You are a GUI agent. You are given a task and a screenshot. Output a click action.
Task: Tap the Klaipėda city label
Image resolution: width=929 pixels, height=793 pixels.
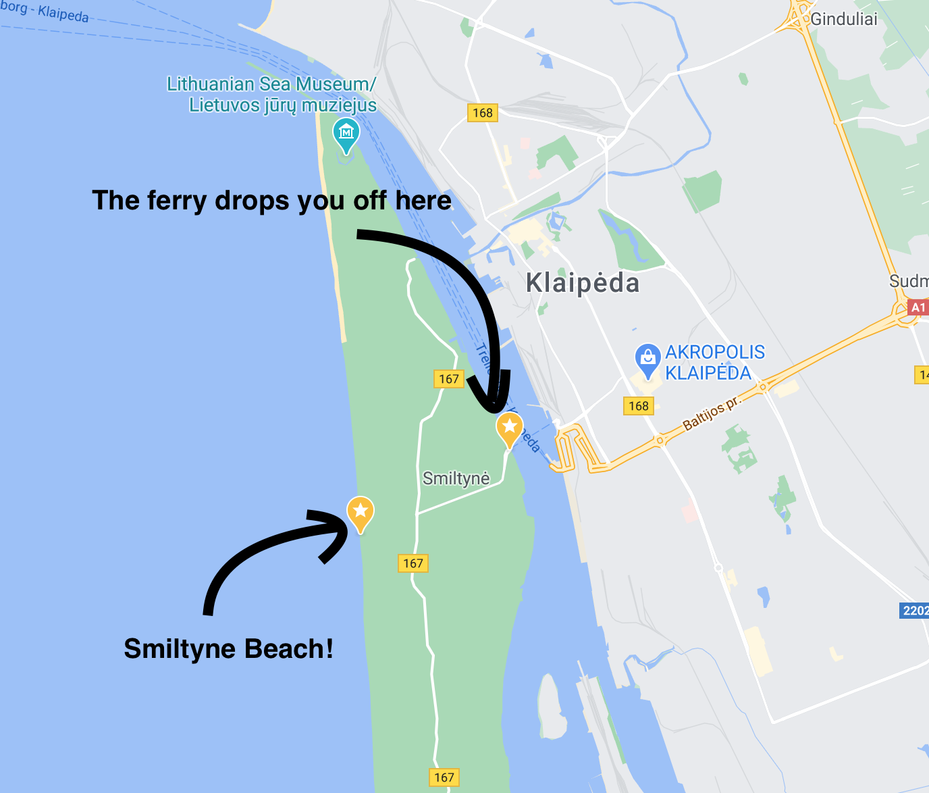(x=582, y=282)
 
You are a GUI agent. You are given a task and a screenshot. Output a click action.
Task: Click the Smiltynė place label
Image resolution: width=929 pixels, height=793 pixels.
(x=456, y=478)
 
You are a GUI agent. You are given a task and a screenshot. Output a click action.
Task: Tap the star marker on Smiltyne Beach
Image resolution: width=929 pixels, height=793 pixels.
(x=361, y=512)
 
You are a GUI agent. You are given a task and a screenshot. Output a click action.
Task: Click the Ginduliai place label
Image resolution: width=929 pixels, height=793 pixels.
(x=843, y=19)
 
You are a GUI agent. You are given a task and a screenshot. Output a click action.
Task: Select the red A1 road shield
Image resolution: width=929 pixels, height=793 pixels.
(x=918, y=308)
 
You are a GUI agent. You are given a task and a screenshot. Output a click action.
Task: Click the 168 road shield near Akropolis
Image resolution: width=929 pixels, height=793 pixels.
(x=638, y=406)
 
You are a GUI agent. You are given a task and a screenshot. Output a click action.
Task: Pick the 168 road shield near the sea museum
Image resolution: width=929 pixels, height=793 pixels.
(x=482, y=113)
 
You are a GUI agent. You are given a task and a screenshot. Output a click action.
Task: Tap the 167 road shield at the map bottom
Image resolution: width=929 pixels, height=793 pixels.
(x=444, y=777)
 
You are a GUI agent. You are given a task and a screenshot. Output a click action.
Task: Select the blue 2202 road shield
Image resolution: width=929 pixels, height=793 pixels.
(x=915, y=611)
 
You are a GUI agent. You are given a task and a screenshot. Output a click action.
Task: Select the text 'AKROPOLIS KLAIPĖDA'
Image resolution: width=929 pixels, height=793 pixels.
(x=714, y=362)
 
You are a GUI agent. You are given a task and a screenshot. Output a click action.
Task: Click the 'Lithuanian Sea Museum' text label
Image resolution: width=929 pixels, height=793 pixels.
(x=271, y=95)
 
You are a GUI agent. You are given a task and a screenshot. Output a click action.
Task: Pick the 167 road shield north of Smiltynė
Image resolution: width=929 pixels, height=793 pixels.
(x=448, y=379)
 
